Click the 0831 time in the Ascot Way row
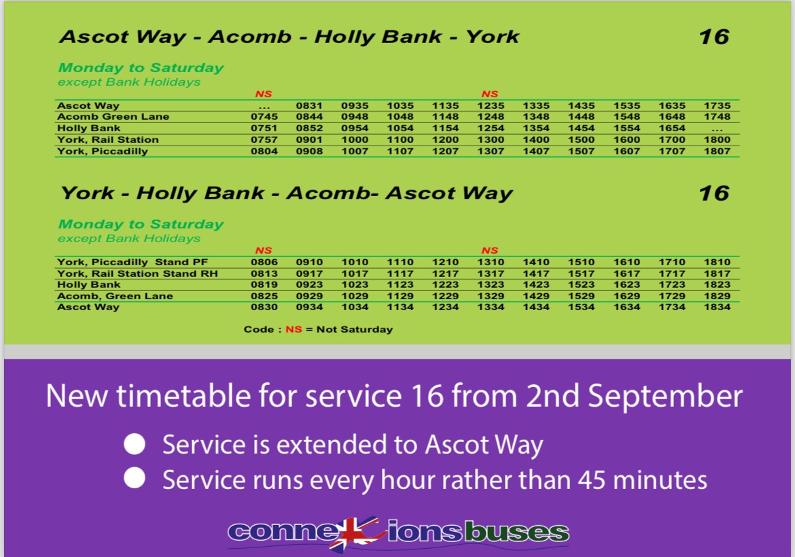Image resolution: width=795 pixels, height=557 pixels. (x=309, y=105)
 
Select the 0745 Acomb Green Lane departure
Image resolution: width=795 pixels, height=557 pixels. (x=264, y=117)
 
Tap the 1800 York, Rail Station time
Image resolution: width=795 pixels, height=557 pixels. (x=718, y=139)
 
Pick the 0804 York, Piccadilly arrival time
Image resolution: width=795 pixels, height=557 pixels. (x=264, y=151)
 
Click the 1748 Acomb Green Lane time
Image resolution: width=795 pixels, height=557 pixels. (x=718, y=117)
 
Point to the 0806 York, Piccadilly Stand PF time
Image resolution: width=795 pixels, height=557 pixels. (x=264, y=262)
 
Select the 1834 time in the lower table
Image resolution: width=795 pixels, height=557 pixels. (x=718, y=307)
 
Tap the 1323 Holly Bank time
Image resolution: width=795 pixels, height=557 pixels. (x=491, y=285)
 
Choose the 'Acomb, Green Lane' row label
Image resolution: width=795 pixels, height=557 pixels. (x=115, y=297)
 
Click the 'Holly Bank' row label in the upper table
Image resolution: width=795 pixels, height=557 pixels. (x=88, y=129)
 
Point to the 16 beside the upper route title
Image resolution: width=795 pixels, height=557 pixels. (x=713, y=37)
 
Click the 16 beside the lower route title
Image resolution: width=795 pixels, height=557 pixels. (x=713, y=193)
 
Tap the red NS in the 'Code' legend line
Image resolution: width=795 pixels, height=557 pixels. (x=294, y=330)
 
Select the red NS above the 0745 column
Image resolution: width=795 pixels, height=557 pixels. (x=264, y=94)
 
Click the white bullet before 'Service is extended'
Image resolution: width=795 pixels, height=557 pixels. (x=135, y=445)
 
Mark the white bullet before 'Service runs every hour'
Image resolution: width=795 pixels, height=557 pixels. (x=135, y=479)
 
